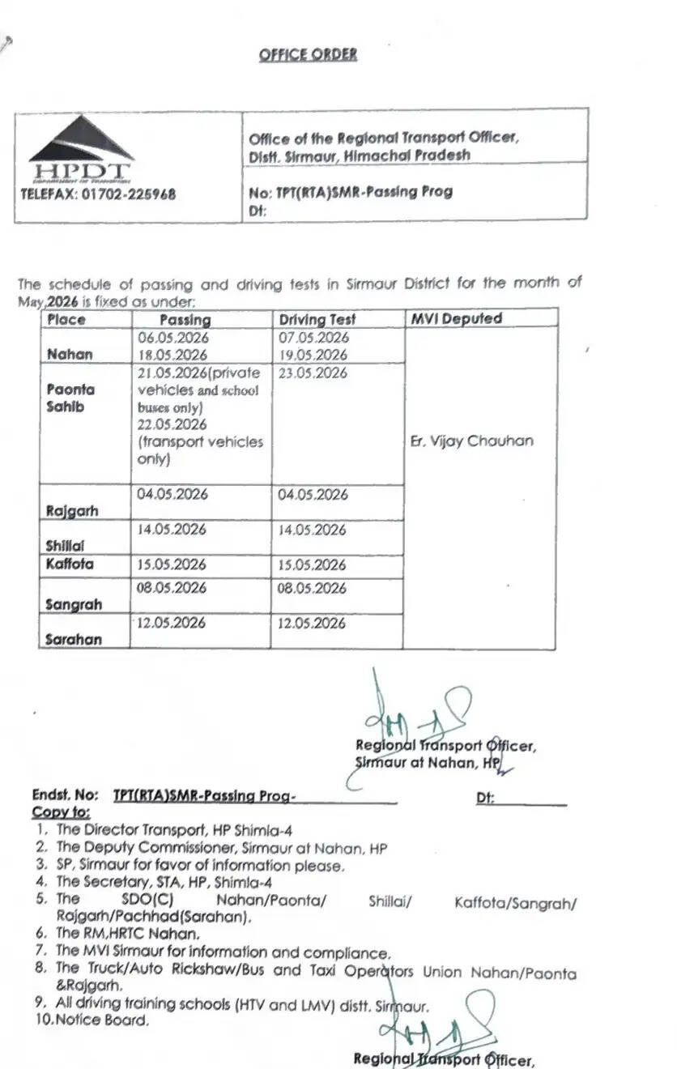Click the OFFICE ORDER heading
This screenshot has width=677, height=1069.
tap(308, 55)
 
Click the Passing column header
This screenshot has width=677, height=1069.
tap(185, 320)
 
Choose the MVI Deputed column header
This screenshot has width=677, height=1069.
tap(456, 318)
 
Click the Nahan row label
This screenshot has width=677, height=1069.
tap(70, 354)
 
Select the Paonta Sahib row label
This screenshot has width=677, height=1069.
tap(70, 398)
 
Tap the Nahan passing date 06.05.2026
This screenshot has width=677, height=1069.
tap(172, 338)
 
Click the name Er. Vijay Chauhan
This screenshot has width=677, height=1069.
tap(472, 441)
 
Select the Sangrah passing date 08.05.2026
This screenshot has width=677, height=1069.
tap(172, 588)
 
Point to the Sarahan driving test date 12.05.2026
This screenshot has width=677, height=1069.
tap(312, 624)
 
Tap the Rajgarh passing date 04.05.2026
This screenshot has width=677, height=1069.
tap(172, 494)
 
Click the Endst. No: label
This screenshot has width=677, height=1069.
tap(65, 796)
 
